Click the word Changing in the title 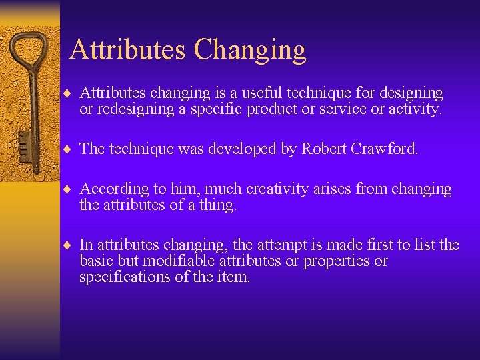pos(250,50)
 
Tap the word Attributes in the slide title pos(127,50)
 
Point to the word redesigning pos(137,109)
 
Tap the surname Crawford pos(387,149)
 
